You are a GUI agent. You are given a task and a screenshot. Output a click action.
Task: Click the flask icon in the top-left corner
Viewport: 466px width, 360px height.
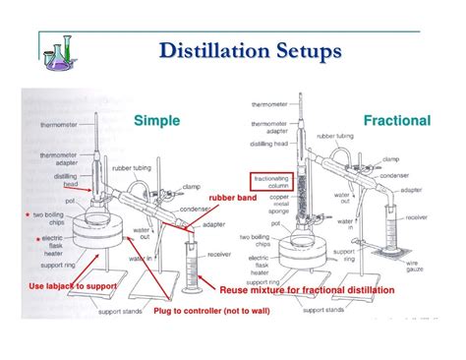pos(60,48)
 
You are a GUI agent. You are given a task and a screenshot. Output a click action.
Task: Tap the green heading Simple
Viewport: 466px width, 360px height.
pos(156,120)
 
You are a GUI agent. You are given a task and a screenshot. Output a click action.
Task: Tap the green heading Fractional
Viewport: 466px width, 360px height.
pos(396,120)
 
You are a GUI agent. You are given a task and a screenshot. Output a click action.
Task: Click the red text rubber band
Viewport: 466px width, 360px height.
pos(233,198)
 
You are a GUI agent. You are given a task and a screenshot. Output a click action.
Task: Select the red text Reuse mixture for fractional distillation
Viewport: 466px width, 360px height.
pos(306,290)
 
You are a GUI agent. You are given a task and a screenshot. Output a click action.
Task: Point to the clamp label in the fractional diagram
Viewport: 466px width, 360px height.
pos(390,157)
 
